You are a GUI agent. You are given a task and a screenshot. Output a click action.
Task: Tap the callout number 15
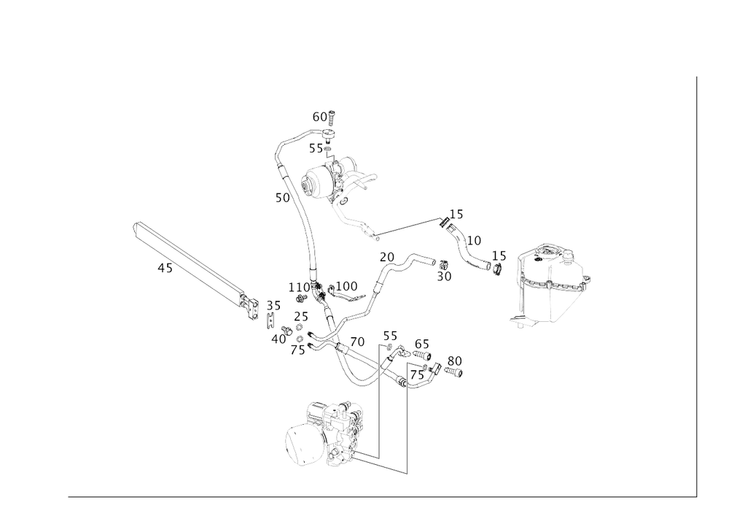click(456, 215)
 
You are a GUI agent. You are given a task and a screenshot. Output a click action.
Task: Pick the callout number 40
click(277, 339)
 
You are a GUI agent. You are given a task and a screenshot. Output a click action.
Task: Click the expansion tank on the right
click(553, 285)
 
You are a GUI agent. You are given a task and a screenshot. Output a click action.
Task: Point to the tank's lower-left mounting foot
click(519, 322)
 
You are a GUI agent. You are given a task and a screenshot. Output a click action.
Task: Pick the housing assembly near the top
click(335, 179)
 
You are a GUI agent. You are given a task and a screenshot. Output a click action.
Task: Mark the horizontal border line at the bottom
click(379, 496)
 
